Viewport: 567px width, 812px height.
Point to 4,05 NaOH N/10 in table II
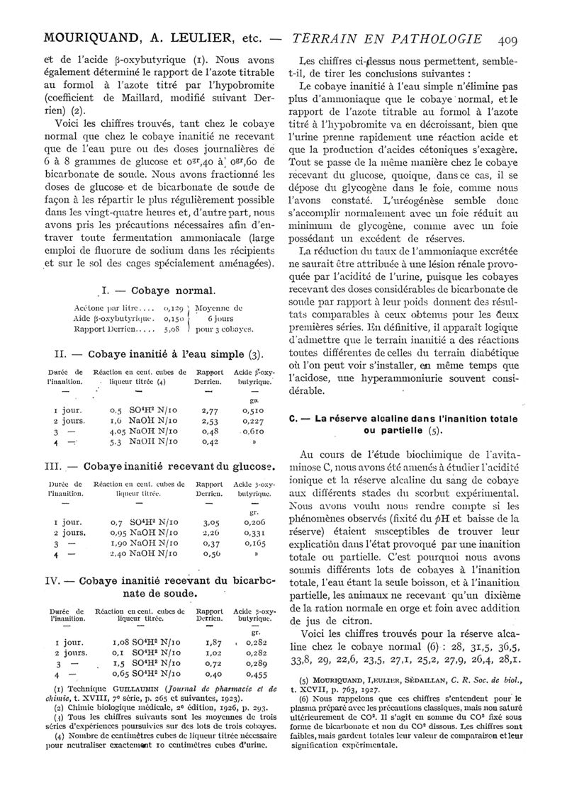[x=146, y=431]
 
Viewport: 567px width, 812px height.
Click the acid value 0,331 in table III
[x=254, y=532]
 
